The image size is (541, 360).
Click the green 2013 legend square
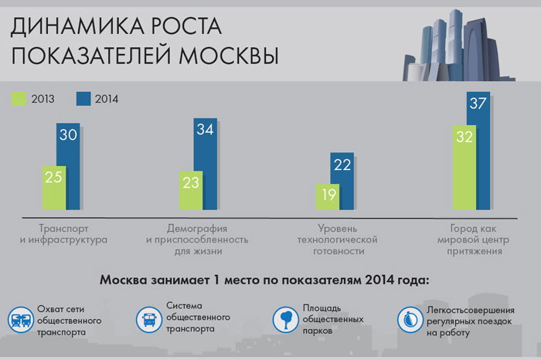[x=19, y=99]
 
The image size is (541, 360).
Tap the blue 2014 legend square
[x=83, y=99]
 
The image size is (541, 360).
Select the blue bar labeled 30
[x=68, y=166]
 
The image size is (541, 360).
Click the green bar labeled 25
[x=54, y=188]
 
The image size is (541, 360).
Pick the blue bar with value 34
[x=206, y=164]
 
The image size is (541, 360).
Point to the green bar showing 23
[x=191, y=190]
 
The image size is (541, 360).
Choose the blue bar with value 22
[x=342, y=181]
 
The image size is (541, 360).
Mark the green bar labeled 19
[x=328, y=197]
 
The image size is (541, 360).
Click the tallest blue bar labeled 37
[x=478, y=151]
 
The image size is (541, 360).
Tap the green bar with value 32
[x=464, y=167]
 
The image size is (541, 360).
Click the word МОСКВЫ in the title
[x=229, y=55]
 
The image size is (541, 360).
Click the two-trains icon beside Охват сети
[x=21, y=320]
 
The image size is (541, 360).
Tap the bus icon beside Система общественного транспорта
[x=148, y=319]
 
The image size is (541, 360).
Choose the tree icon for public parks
[x=285, y=319]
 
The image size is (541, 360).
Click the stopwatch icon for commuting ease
[x=410, y=320]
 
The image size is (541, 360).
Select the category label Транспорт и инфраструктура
[x=63, y=234]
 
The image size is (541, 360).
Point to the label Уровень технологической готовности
[x=338, y=239]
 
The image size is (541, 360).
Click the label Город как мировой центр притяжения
[x=473, y=239]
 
